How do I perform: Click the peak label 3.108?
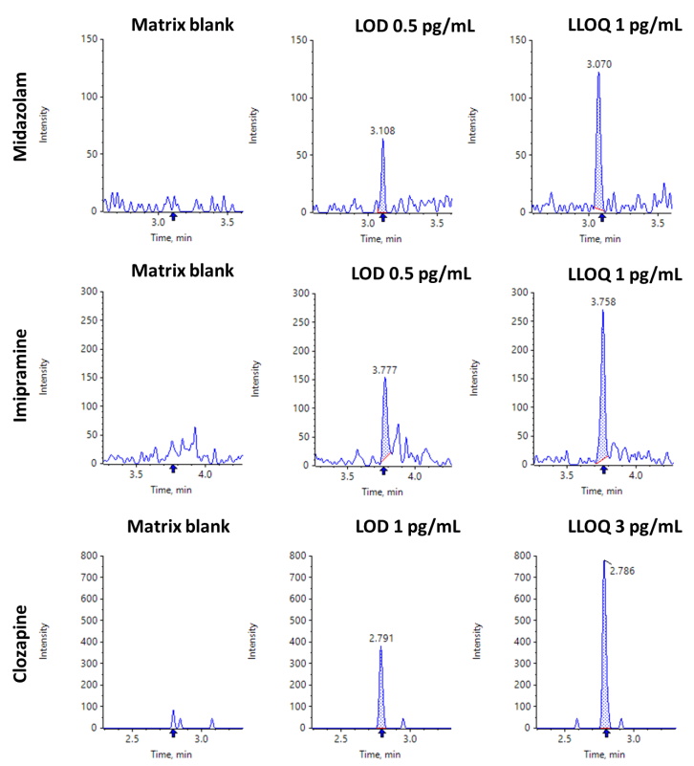coord(382,130)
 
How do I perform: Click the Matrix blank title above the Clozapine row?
coord(183,527)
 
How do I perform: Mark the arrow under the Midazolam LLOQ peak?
coord(602,218)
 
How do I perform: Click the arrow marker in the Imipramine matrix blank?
coord(173,469)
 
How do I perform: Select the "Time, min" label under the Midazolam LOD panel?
coord(382,234)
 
